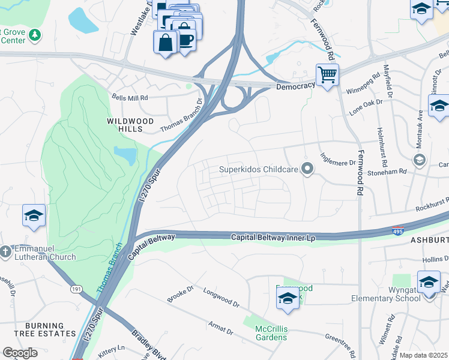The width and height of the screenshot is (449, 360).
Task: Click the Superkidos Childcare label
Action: click(x=258, y=170)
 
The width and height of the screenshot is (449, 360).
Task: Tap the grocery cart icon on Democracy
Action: click(x=327, y=76)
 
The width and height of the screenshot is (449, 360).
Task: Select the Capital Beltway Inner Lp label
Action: click(x=273, y=238)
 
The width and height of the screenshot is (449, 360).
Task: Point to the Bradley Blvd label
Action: click(x=143, y=346)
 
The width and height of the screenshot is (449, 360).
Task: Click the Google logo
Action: click(x=20, y=353)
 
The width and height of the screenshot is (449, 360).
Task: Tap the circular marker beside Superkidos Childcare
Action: click(x=308, y=170)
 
